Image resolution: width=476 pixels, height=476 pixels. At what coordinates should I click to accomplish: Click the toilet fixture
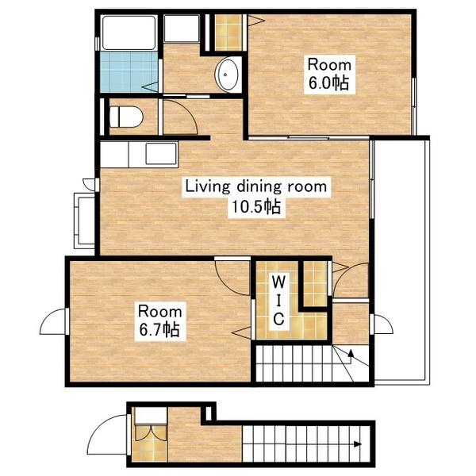point(125,117)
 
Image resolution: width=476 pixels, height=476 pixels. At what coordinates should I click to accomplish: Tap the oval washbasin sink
point(227,75)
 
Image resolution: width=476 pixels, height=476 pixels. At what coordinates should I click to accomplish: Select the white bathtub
point(129,33)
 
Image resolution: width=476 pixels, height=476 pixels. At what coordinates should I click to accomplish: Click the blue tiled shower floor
point(129,72)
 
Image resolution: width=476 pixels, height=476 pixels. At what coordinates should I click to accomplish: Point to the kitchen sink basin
point(161,154)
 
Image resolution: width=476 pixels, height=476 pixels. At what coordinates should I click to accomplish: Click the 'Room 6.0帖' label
point(329,75)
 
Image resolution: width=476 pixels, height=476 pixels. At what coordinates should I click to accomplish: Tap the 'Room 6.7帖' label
point(160,321)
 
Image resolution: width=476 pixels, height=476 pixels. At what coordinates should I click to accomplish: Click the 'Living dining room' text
point(256,186)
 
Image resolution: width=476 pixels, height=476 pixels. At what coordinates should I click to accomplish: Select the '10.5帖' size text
point(256,207)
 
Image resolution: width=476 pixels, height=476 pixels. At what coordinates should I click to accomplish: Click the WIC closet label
point(278,301)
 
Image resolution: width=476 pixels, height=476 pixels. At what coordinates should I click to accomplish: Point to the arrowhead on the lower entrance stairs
point(358,444)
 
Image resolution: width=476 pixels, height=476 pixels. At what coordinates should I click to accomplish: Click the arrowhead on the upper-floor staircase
point(351,353)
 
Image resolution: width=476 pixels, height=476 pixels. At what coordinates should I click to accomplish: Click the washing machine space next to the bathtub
point(182,29)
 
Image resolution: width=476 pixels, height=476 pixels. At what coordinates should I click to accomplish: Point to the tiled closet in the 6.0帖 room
point(228,33)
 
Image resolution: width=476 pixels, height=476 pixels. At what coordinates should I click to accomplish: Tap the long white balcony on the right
point(402,260)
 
